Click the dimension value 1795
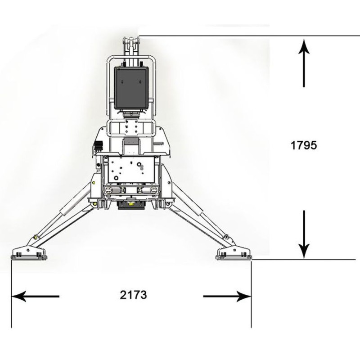click(303, 145)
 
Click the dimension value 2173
click(133, 295)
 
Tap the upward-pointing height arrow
click(304, 63)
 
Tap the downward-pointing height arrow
click(304, 234)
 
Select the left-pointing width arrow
click(36, 297)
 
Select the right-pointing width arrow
click(227, 297)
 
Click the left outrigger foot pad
click(29, 254)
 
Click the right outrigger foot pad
click(234, 254)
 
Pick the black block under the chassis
click(131, 204)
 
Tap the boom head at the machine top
click(131, 41)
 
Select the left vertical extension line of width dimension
click(11, 294)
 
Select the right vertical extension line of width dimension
click(251, 294)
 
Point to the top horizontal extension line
click(250, 36)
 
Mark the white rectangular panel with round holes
click(131, 170)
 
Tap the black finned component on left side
click(99, 146)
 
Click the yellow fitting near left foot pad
click(36, 238)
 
